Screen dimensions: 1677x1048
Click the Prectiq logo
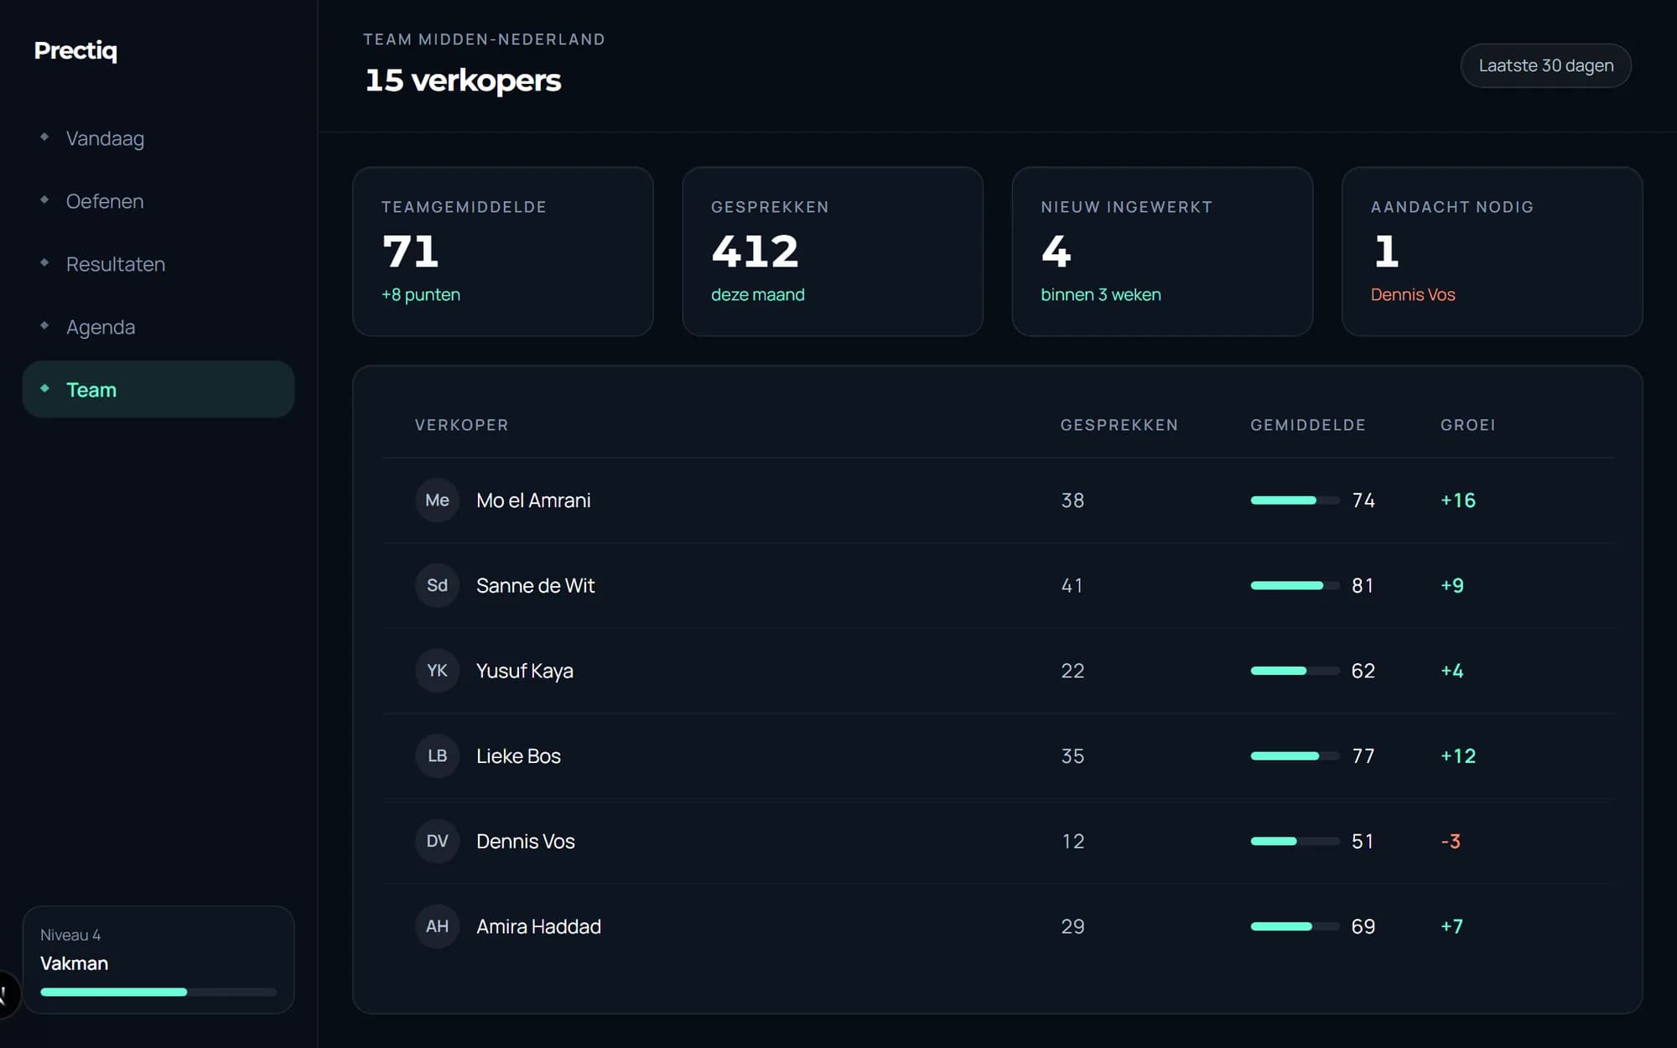75,51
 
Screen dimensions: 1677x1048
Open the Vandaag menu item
105,138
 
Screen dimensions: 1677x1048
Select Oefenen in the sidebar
105,201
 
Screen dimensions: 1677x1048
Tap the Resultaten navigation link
116,264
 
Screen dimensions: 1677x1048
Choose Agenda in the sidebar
101,327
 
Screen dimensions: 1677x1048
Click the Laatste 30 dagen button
1545,65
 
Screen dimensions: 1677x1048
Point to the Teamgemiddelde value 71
410,251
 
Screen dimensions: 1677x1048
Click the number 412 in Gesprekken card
755,251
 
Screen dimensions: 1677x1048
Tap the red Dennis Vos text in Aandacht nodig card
1413,294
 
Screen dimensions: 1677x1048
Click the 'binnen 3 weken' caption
1101,294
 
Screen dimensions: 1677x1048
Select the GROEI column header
1468,425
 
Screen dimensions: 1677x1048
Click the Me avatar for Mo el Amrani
437,501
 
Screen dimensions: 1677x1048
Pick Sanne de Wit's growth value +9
1452,585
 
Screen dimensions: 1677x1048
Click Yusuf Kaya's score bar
1295,671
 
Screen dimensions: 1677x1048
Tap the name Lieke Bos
518,756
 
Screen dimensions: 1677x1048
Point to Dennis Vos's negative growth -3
1451,841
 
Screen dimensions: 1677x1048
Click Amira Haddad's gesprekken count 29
1072,926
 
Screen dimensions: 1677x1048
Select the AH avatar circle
437,926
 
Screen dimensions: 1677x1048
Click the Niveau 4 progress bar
158,992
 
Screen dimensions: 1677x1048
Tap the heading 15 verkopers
463,80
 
